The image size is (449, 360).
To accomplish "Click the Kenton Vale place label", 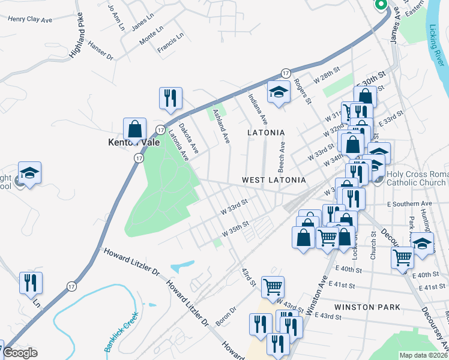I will (133, 143).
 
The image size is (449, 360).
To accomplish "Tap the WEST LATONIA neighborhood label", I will (274, 180).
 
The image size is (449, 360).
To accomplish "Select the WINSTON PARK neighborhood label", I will (367, 307).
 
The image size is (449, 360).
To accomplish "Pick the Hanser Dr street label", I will (100, 50).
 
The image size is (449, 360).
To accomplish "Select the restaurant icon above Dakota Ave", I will (170, 98).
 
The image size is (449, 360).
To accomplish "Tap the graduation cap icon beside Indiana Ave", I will (278, 92).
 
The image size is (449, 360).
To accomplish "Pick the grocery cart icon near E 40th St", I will (402, 257).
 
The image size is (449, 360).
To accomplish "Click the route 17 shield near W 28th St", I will (286, 72).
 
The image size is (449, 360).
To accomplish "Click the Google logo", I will (20, 353).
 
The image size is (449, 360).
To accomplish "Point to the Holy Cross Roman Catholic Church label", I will (417, 178).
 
